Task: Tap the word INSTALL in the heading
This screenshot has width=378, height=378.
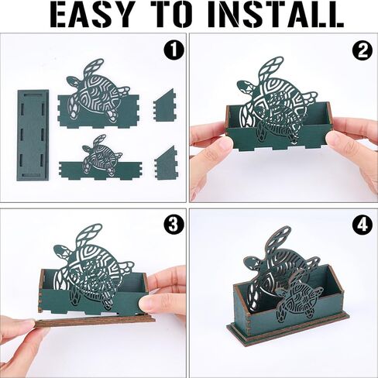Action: [270, 15]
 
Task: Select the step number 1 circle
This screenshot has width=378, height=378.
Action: [174, 50]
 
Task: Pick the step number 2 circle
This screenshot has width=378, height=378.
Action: [363, 50]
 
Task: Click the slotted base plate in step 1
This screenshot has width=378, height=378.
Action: [33, 135]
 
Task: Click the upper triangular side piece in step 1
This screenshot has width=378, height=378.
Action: [164, 105]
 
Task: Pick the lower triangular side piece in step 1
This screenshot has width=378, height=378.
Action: [166, 162]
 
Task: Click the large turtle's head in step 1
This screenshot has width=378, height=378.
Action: [73, 83]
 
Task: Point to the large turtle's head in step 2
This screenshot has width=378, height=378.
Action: [245, 88]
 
